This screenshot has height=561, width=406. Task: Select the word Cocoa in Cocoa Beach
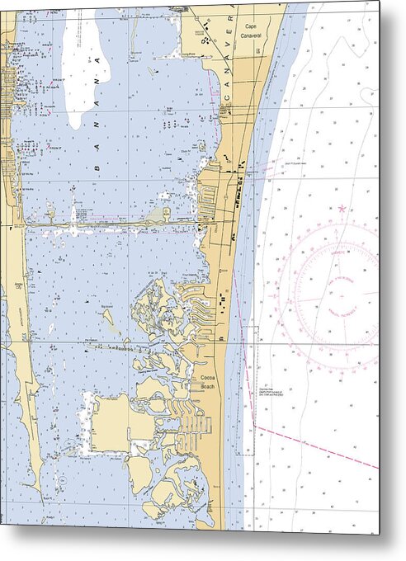208,378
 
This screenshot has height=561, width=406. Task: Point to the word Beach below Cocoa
208,386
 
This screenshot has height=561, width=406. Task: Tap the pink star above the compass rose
340,209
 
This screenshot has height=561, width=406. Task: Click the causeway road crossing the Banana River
116,222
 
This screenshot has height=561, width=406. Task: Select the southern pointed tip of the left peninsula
40,495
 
